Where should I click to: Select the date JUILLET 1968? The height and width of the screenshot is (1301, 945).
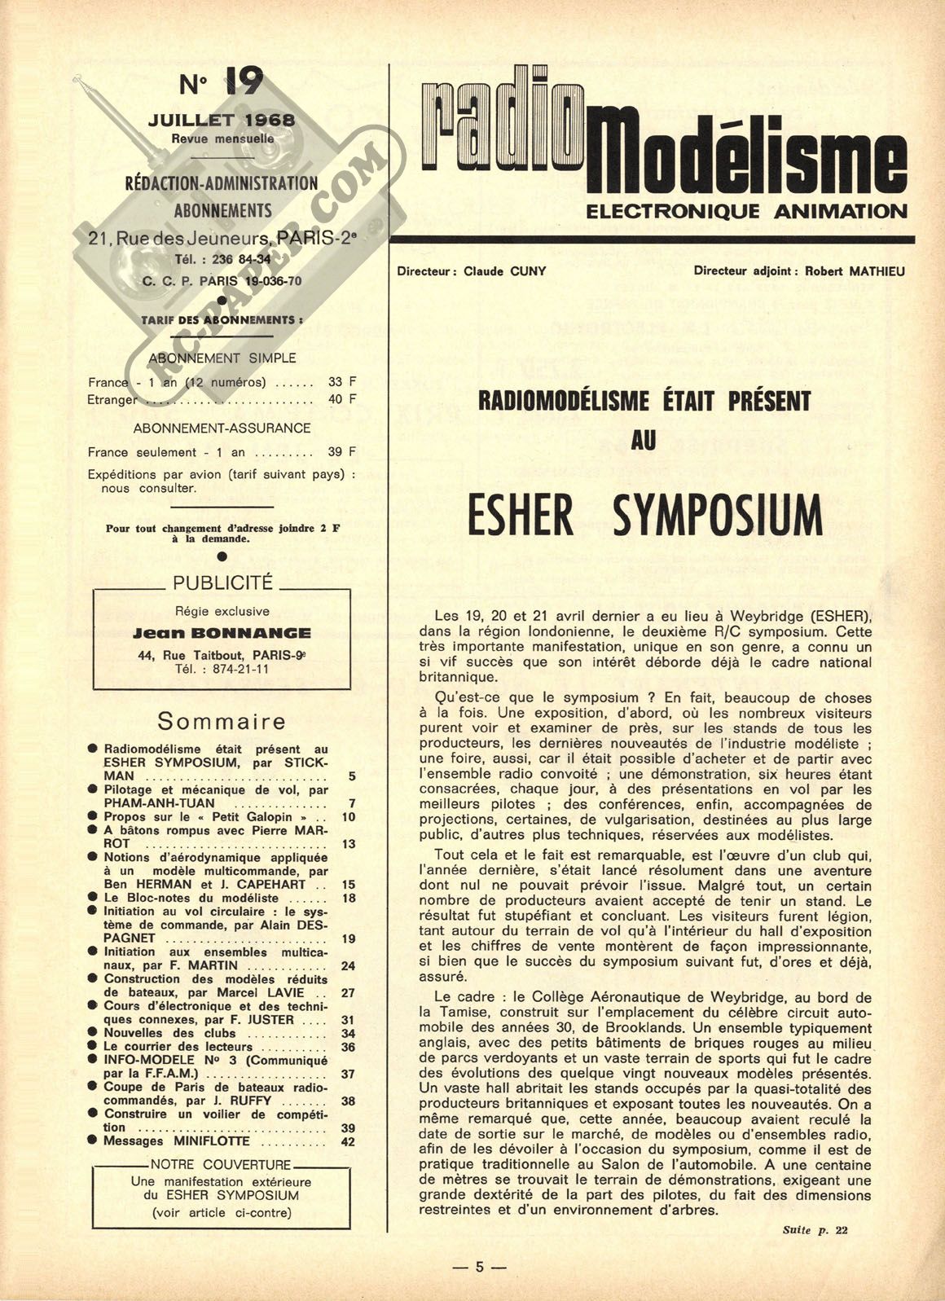(x=222, y=121)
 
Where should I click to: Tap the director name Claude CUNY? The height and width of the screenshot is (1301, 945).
(x=505, y=271)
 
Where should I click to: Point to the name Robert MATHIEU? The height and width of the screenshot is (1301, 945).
(x=855, y=271)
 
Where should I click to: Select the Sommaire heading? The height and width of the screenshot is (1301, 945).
(x=222, y=721)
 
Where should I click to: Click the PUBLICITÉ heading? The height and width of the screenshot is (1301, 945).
(x=222, y=582)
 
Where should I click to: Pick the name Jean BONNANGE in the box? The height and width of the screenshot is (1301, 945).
(x=222, y=633)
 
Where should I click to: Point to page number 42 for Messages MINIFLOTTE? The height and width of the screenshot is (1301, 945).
(x=348, y=1141)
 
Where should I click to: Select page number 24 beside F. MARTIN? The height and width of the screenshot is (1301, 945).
(x=348, y=966)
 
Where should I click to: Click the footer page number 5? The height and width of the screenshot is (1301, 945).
(x=480, y=1267)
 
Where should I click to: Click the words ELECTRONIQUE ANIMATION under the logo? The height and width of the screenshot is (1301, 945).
(x=746, y=212)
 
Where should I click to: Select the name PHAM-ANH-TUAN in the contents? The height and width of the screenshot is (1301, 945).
(x=148, y=803)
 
